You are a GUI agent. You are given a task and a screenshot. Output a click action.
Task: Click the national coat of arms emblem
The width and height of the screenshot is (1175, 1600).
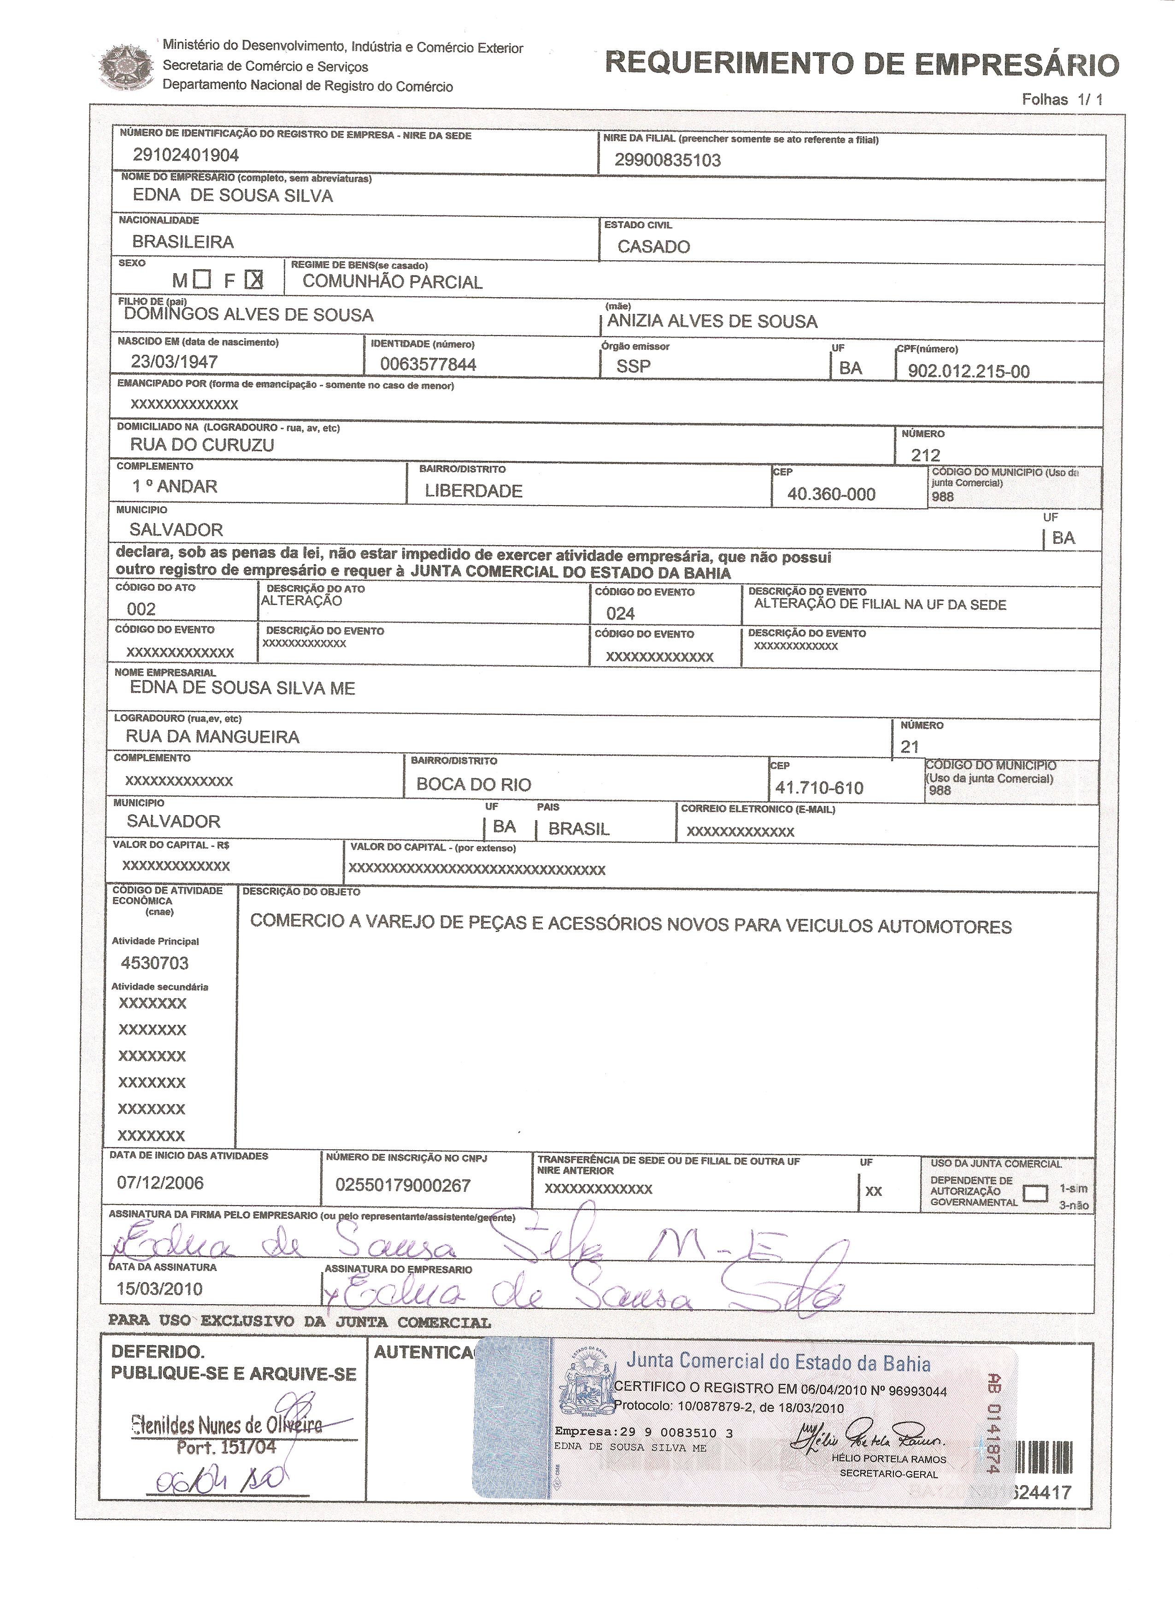[x=127, y=68]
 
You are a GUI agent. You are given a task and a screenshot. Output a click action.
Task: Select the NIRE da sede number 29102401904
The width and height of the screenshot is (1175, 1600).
[x=186, y=155]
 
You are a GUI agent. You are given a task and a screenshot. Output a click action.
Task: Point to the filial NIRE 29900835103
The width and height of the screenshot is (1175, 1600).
[x=667, y=160]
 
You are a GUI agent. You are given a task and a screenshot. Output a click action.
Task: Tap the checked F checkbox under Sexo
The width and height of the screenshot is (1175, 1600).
[x=254, y=280]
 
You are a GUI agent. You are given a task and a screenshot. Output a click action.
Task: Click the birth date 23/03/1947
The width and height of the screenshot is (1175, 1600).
[x=174, y=361]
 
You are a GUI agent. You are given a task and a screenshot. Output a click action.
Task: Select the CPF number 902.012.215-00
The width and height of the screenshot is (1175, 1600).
[x=968, y=371]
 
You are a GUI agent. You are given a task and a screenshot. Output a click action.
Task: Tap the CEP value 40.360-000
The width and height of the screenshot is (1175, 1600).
[x=831, y=494]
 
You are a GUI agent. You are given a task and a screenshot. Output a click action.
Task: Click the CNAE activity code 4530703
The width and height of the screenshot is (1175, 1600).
[x=155, y=963]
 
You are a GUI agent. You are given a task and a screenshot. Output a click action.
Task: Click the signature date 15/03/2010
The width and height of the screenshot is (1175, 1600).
[x=160, y=1288]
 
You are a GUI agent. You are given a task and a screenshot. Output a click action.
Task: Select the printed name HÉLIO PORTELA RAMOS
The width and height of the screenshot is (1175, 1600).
[x=888, y=1459]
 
